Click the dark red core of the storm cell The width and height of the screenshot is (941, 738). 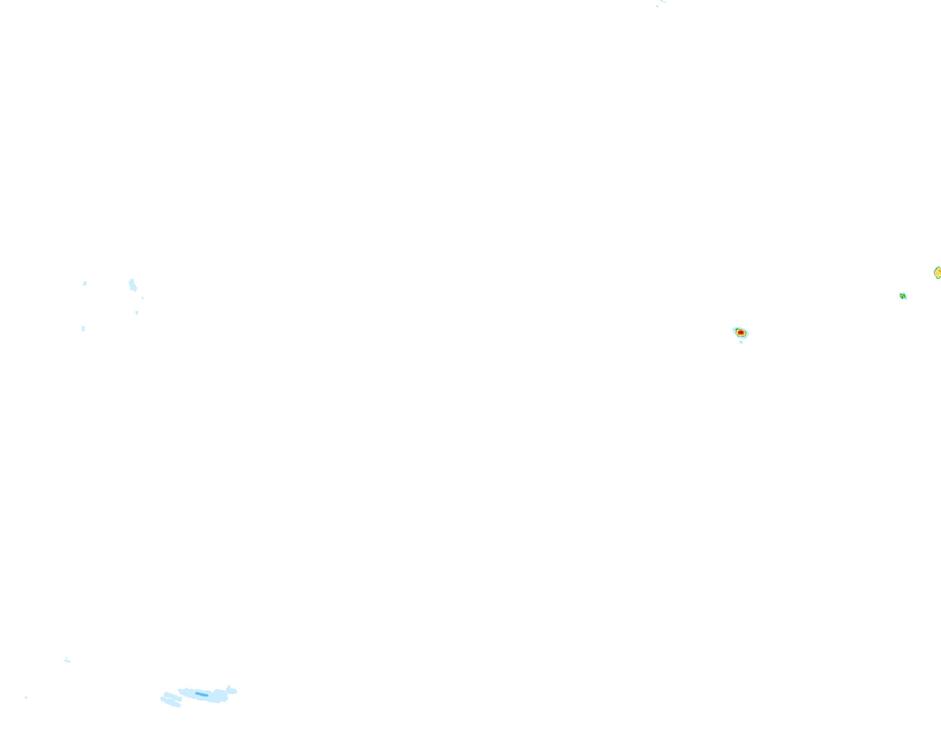coord(741,333)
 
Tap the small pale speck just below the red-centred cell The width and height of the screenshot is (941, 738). coord(741,342)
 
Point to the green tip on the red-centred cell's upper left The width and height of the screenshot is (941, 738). coord(735,329)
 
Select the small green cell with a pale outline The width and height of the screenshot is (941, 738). coord(903,296)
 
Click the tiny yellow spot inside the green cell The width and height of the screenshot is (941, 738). coord(903,296)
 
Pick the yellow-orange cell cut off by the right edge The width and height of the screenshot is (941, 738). coord(937,273)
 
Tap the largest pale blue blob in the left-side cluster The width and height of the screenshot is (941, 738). coord(132,285)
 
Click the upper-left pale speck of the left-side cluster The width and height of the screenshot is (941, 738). coord(85,283)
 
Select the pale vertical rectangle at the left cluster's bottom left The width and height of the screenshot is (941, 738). coord(83,329)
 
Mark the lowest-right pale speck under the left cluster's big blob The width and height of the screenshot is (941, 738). coord(137,313)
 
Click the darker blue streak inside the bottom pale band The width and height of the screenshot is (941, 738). coord(201,694)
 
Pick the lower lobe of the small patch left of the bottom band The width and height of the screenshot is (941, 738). coord(171,703)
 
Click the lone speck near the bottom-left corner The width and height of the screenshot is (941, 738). coord(26,698)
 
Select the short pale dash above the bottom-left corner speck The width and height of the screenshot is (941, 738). coord(67,660)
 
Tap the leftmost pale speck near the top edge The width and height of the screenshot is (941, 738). coord(657,6)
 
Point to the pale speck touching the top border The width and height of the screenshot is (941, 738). coord(663,2)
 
